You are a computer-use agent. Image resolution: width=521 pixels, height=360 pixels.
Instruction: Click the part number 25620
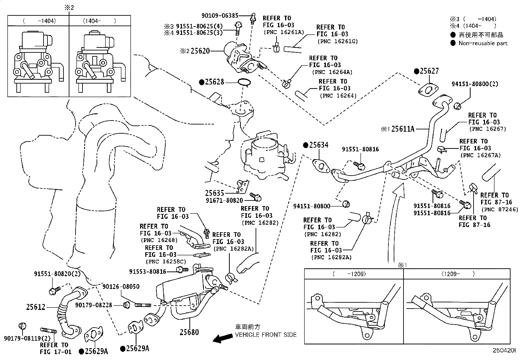click(x=200, y=51)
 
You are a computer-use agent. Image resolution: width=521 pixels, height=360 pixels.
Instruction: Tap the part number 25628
click(x=214, y=82)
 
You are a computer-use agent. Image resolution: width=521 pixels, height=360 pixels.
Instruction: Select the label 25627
click(x=429, y=71)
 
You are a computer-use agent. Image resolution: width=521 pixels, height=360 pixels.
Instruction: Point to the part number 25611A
click(x=403, y=129)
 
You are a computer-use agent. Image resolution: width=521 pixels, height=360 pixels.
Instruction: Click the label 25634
click(x=319, y=145)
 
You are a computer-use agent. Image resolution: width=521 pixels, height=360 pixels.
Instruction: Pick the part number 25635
click(x=214, y=193)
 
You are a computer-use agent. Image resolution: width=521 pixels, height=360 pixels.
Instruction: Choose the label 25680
click(x=189, y=332)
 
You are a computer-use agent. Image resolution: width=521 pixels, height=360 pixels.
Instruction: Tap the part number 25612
click(x=36, y=307)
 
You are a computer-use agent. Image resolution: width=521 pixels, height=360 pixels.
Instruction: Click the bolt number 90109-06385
click(x=220, y=16)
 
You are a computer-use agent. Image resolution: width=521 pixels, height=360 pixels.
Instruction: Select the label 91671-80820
click(x=224, y=200)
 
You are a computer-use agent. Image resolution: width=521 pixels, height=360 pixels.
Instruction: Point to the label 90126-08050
click(x=121, y=286)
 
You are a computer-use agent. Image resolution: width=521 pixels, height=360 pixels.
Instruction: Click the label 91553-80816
click(x=148, y=272)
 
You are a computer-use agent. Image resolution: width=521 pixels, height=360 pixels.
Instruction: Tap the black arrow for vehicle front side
click(x=223, y=338)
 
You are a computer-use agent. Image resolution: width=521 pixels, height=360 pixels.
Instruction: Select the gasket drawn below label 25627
click(x=428, y=91)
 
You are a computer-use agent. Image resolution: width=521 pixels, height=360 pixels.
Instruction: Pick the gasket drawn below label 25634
click(x=321, y=166)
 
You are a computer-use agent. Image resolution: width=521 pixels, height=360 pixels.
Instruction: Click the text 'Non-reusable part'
click(x=483, y=43)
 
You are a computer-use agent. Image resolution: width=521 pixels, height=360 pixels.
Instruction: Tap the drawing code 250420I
click(x=504, y=350)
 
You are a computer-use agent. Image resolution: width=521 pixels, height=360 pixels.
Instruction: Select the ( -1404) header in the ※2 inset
click(x=40, y=21)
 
